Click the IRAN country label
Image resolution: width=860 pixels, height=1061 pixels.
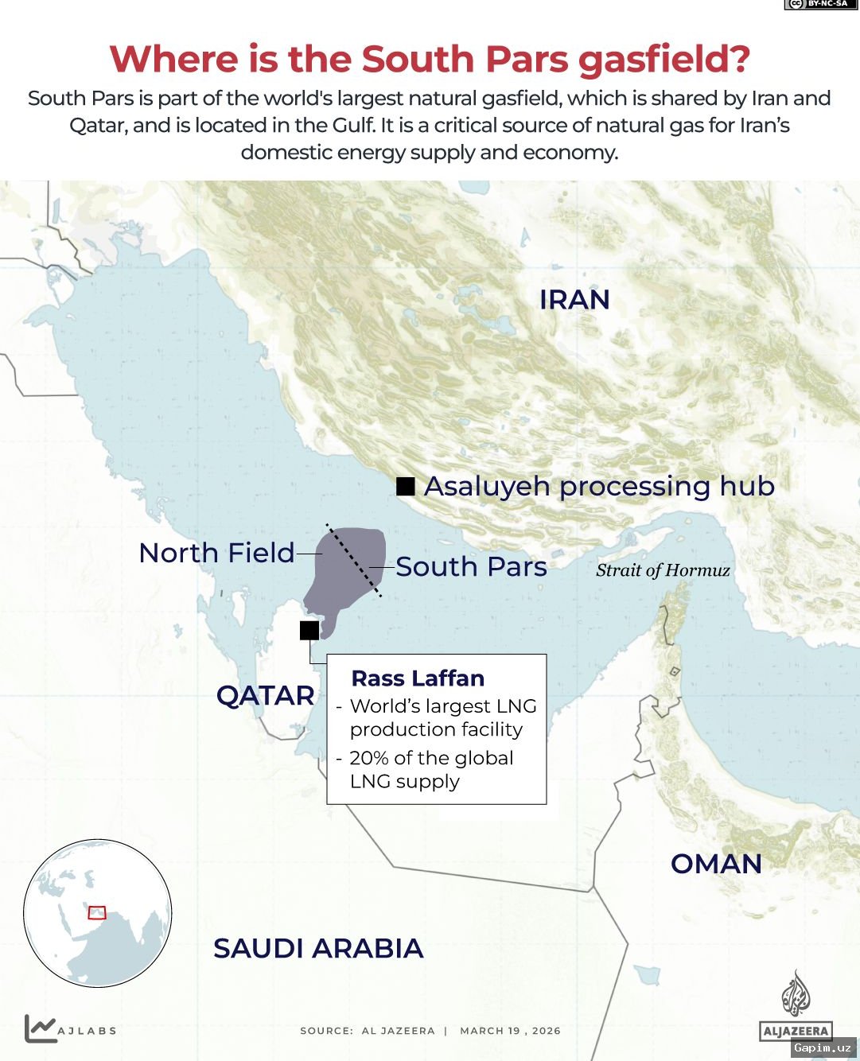[574, 300]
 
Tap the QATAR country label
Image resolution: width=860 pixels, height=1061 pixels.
[266, 696]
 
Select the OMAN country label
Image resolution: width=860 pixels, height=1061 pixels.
[716, 864]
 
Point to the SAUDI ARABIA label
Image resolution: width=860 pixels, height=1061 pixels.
[318, 948]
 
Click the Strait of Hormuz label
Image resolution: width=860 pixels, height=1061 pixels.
[663, 570]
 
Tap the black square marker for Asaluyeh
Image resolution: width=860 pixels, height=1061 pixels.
[406, 486]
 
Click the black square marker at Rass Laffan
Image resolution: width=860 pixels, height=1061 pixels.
[309, 630]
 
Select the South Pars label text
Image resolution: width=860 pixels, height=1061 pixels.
[471, 567]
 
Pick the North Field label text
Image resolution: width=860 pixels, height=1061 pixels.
[216, 553]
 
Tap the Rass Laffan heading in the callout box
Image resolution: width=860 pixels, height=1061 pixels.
[418, 678]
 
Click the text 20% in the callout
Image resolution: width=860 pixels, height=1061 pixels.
[368, 758]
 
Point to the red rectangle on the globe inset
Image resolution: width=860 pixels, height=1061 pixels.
[97, 912]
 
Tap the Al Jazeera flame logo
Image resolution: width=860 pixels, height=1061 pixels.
[796, 994]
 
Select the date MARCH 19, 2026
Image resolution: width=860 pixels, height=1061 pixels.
[510, 1031]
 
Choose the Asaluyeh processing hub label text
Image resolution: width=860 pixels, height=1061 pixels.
[599, 486]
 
